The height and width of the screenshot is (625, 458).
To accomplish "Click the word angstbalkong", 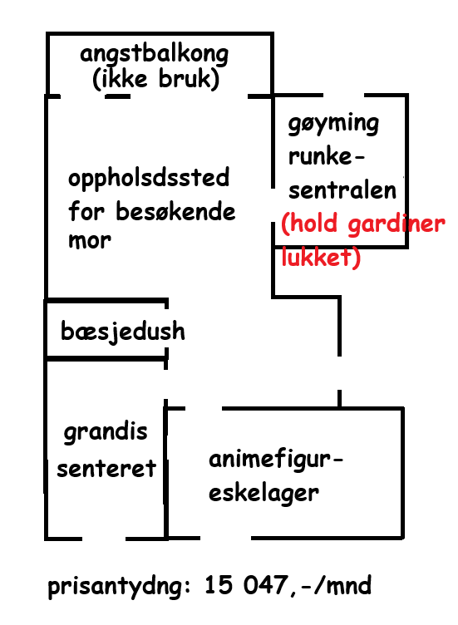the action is [154, 55].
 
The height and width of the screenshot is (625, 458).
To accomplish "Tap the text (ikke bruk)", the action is [156, 78].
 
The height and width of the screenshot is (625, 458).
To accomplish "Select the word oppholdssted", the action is [149, 178].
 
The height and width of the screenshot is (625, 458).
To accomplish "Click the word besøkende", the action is [175, 211].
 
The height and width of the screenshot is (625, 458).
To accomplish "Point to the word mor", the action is [89, 241].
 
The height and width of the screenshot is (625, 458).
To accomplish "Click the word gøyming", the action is [333, 124].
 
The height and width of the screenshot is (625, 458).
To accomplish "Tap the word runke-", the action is [326, 156].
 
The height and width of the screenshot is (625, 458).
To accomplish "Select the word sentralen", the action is [342, 190].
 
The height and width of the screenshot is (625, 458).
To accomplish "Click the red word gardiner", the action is [396, 224].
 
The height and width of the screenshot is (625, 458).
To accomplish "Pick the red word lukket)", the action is [321, 257].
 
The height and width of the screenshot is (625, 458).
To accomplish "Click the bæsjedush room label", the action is [123, 331].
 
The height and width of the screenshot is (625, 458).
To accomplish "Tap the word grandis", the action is [106, 432].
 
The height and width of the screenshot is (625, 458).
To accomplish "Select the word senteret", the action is [106, 469].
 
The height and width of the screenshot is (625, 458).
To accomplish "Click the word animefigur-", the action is [276, 460].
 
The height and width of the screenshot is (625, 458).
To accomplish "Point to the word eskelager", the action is [263, 493].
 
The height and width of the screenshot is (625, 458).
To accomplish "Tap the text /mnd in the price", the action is [342, 585].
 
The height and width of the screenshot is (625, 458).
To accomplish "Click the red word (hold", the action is [309, 224].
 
